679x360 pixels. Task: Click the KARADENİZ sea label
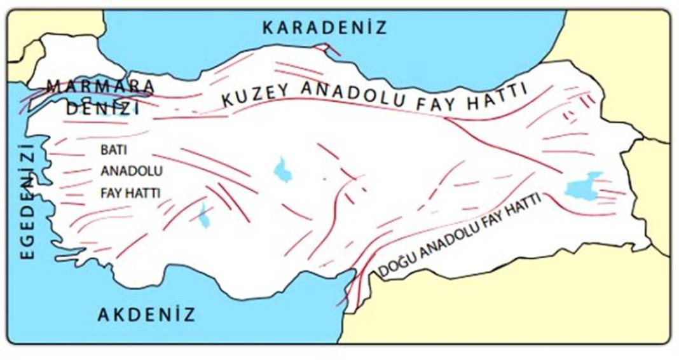click(x=325, y=27)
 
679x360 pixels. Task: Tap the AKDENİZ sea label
click(x=146, y=314)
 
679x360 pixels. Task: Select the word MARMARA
click(x=102, y=85)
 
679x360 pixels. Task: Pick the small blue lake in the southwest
click(x=203, y=217)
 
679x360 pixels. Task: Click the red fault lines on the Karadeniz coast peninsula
click(x=326, y=48)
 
